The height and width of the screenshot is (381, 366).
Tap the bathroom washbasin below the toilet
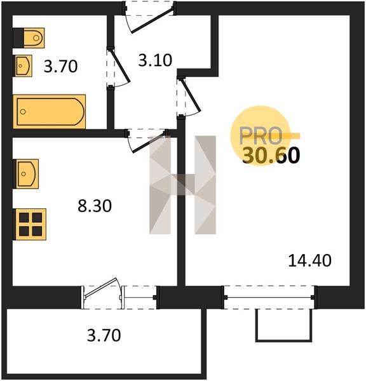(x=24, y=65)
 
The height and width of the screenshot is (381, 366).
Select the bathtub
(x=50, y=112)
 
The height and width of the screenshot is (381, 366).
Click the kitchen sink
(x=26, y=174)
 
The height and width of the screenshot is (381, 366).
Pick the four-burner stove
(x=30, y=224)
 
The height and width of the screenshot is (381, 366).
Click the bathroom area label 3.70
(x=60, y=66)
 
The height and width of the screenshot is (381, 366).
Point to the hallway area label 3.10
(x=155, y=60)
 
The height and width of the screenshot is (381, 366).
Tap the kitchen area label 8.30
(x=95, y=206)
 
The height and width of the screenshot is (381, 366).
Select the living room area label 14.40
(x=310, y=260)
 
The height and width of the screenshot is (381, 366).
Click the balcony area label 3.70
(x=104, y=335)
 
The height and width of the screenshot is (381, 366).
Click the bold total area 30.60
(x=271, y=156)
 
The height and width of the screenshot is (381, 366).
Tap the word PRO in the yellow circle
(x=261, y=135)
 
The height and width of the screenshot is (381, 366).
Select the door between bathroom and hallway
(x=118, y=67)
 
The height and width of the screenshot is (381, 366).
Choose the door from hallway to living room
(x=189, y=97)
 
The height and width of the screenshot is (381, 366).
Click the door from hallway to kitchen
(x=147, y=141)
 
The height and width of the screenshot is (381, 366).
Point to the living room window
(x=269, y=297)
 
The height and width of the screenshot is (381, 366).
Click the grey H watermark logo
(x=182, y=185)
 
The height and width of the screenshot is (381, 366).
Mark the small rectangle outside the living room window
(x=283, y=325)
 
